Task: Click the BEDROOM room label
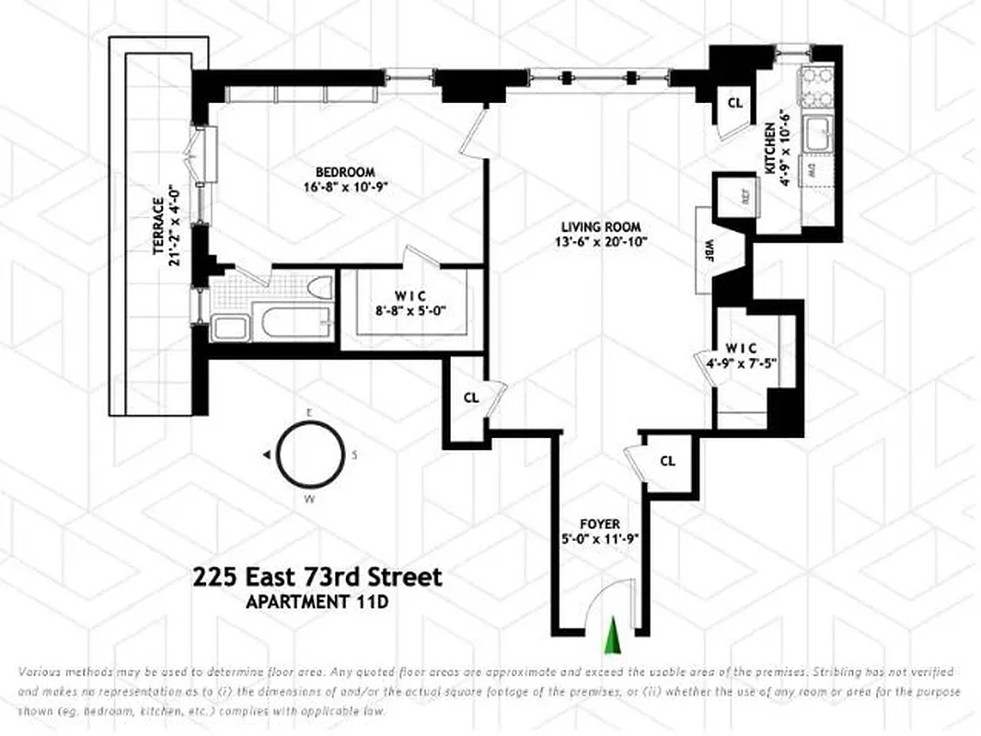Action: [345, 172]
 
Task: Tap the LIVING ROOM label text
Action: [602, 226]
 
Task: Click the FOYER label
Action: [599, 524]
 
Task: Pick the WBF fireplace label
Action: [709, 250]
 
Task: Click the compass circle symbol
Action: [311, 454]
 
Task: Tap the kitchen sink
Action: [817, 136]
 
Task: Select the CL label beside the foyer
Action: [668, 461]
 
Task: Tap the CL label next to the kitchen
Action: [734, 103]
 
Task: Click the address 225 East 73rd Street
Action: [317, 577]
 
